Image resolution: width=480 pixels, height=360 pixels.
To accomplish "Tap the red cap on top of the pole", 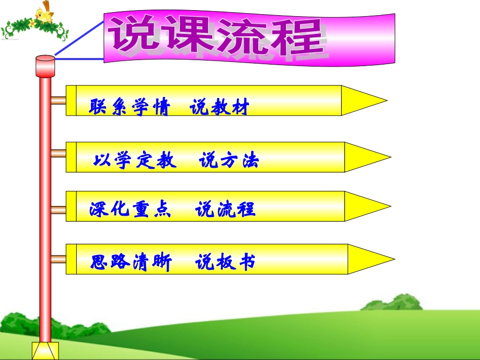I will tap(45, 66).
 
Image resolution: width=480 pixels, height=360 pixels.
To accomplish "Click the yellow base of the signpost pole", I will tap(45, 350).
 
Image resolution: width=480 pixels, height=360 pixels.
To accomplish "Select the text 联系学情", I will tap(129, 108).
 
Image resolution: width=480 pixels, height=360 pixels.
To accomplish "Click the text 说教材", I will tap(220, 108).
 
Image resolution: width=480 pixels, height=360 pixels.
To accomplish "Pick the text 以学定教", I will tap(135, 161).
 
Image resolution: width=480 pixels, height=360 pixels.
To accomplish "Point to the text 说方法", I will tap(229, 161).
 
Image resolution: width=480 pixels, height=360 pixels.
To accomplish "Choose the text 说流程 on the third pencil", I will tap(225, 209).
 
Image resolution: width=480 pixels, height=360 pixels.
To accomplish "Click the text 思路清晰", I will tap(131, 262).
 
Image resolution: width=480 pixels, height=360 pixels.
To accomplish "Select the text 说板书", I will tap(225, 262).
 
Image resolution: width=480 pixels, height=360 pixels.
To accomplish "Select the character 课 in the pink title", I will tap(187, 36).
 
